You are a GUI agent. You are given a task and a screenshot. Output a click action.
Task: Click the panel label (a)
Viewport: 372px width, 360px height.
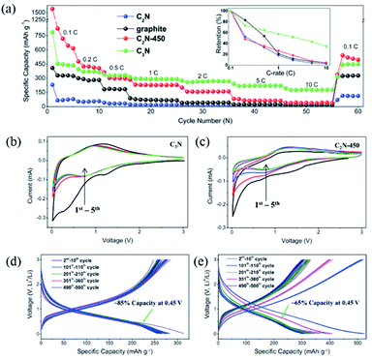click(11, 8)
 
